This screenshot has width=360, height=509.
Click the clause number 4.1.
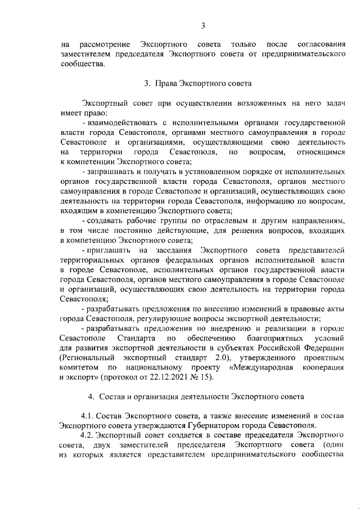[89, 416]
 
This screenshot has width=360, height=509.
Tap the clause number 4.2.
[89, 436]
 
